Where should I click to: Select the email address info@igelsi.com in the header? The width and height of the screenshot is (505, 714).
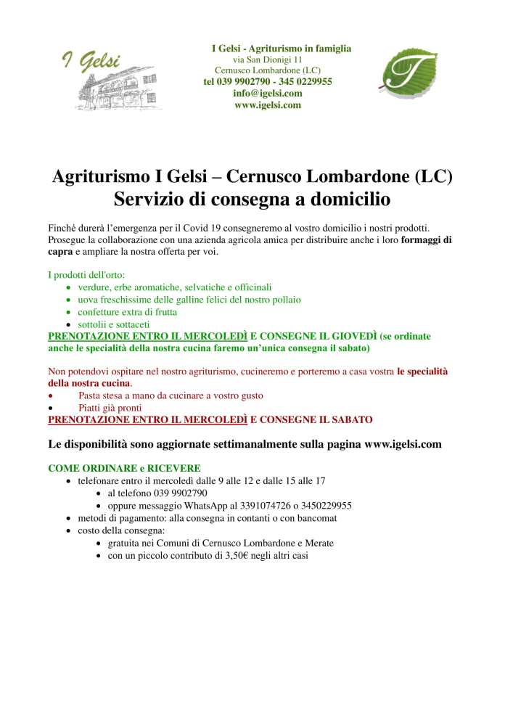268,94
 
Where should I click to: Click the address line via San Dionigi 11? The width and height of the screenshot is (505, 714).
268,59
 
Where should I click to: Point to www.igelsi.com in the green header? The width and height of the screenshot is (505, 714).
268,105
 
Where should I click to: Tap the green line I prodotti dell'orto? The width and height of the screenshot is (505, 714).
86,275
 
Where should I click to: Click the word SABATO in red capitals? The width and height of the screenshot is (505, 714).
348,420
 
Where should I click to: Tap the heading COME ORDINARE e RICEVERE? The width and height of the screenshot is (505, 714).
124,468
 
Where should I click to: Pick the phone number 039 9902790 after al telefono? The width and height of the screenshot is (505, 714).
176,493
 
